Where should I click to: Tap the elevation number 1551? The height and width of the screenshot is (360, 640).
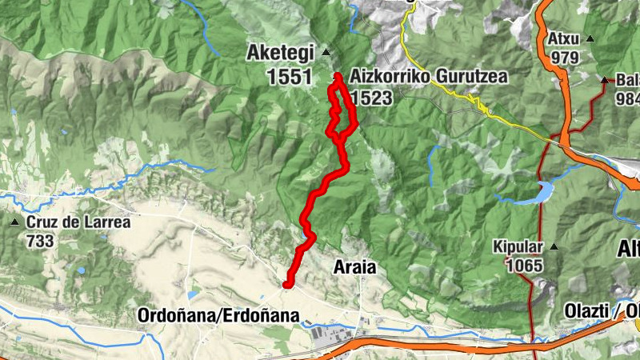pyautogui.click(x=290, y=77)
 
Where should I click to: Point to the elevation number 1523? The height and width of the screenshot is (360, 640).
pyautogui.click(x=370, y=98)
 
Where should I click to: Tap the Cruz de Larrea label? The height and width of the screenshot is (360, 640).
pyautogui.click(x=78, y=222)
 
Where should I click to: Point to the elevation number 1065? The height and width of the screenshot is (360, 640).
pyautogui.click(x=524, y=266)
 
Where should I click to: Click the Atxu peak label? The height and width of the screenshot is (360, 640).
pyautogui.click(x=563, y=38)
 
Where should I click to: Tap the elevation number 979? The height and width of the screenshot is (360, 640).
pyautogui.click(x=564, y=58)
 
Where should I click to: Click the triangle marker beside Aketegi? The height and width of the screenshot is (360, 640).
pyautogui.click(x=326, y=53)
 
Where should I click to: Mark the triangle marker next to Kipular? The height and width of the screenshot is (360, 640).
pyautogui.click(x=553, y=246)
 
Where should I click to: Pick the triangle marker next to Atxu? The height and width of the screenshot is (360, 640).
pyautogui.click(x=590, y=38)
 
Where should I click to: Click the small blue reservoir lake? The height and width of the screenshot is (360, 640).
pyautogui.click(x=544, y=192)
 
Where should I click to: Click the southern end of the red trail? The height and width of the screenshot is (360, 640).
pyautogui.click(x=287, y=283)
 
